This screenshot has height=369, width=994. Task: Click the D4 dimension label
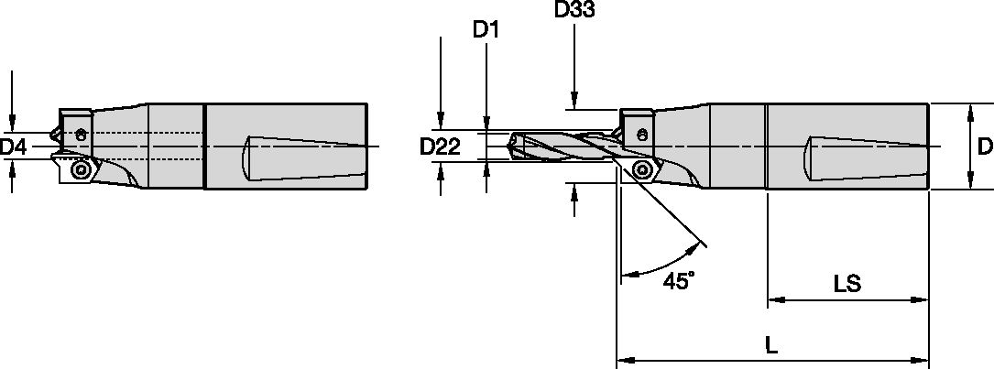point(14,147)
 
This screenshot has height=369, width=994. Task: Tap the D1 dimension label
point(486,30)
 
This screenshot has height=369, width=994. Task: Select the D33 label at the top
point(573,11)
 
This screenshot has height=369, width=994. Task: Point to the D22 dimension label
point(439,147)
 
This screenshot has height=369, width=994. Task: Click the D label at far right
point(984,147)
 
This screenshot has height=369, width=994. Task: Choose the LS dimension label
point(847,284)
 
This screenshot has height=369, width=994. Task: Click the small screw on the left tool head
point(82,136)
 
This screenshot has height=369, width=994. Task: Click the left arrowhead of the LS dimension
point(772,298)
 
